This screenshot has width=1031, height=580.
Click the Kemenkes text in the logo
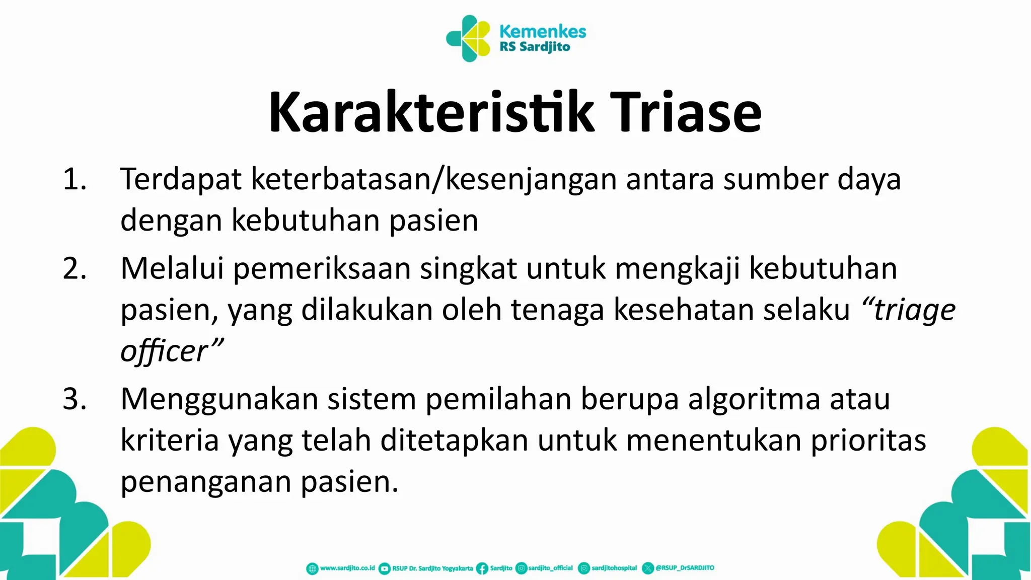point(543,31)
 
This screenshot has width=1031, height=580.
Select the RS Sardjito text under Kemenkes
point(535,47)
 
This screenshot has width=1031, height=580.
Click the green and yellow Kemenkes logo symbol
point(468,38)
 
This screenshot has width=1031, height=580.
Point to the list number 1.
point(75,179)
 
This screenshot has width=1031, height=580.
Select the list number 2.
point(75,268)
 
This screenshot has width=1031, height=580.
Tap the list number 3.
point(75,399)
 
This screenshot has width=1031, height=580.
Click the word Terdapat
point(181,179)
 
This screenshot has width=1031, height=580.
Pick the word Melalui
point(172,268)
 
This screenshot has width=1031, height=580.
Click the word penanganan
point(206,482)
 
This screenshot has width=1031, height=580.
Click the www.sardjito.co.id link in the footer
point(347,568)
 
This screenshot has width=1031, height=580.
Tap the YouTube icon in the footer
point(384,568)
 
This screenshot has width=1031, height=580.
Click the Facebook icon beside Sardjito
point(482,568)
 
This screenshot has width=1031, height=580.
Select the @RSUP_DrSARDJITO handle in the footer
point(685,568)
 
